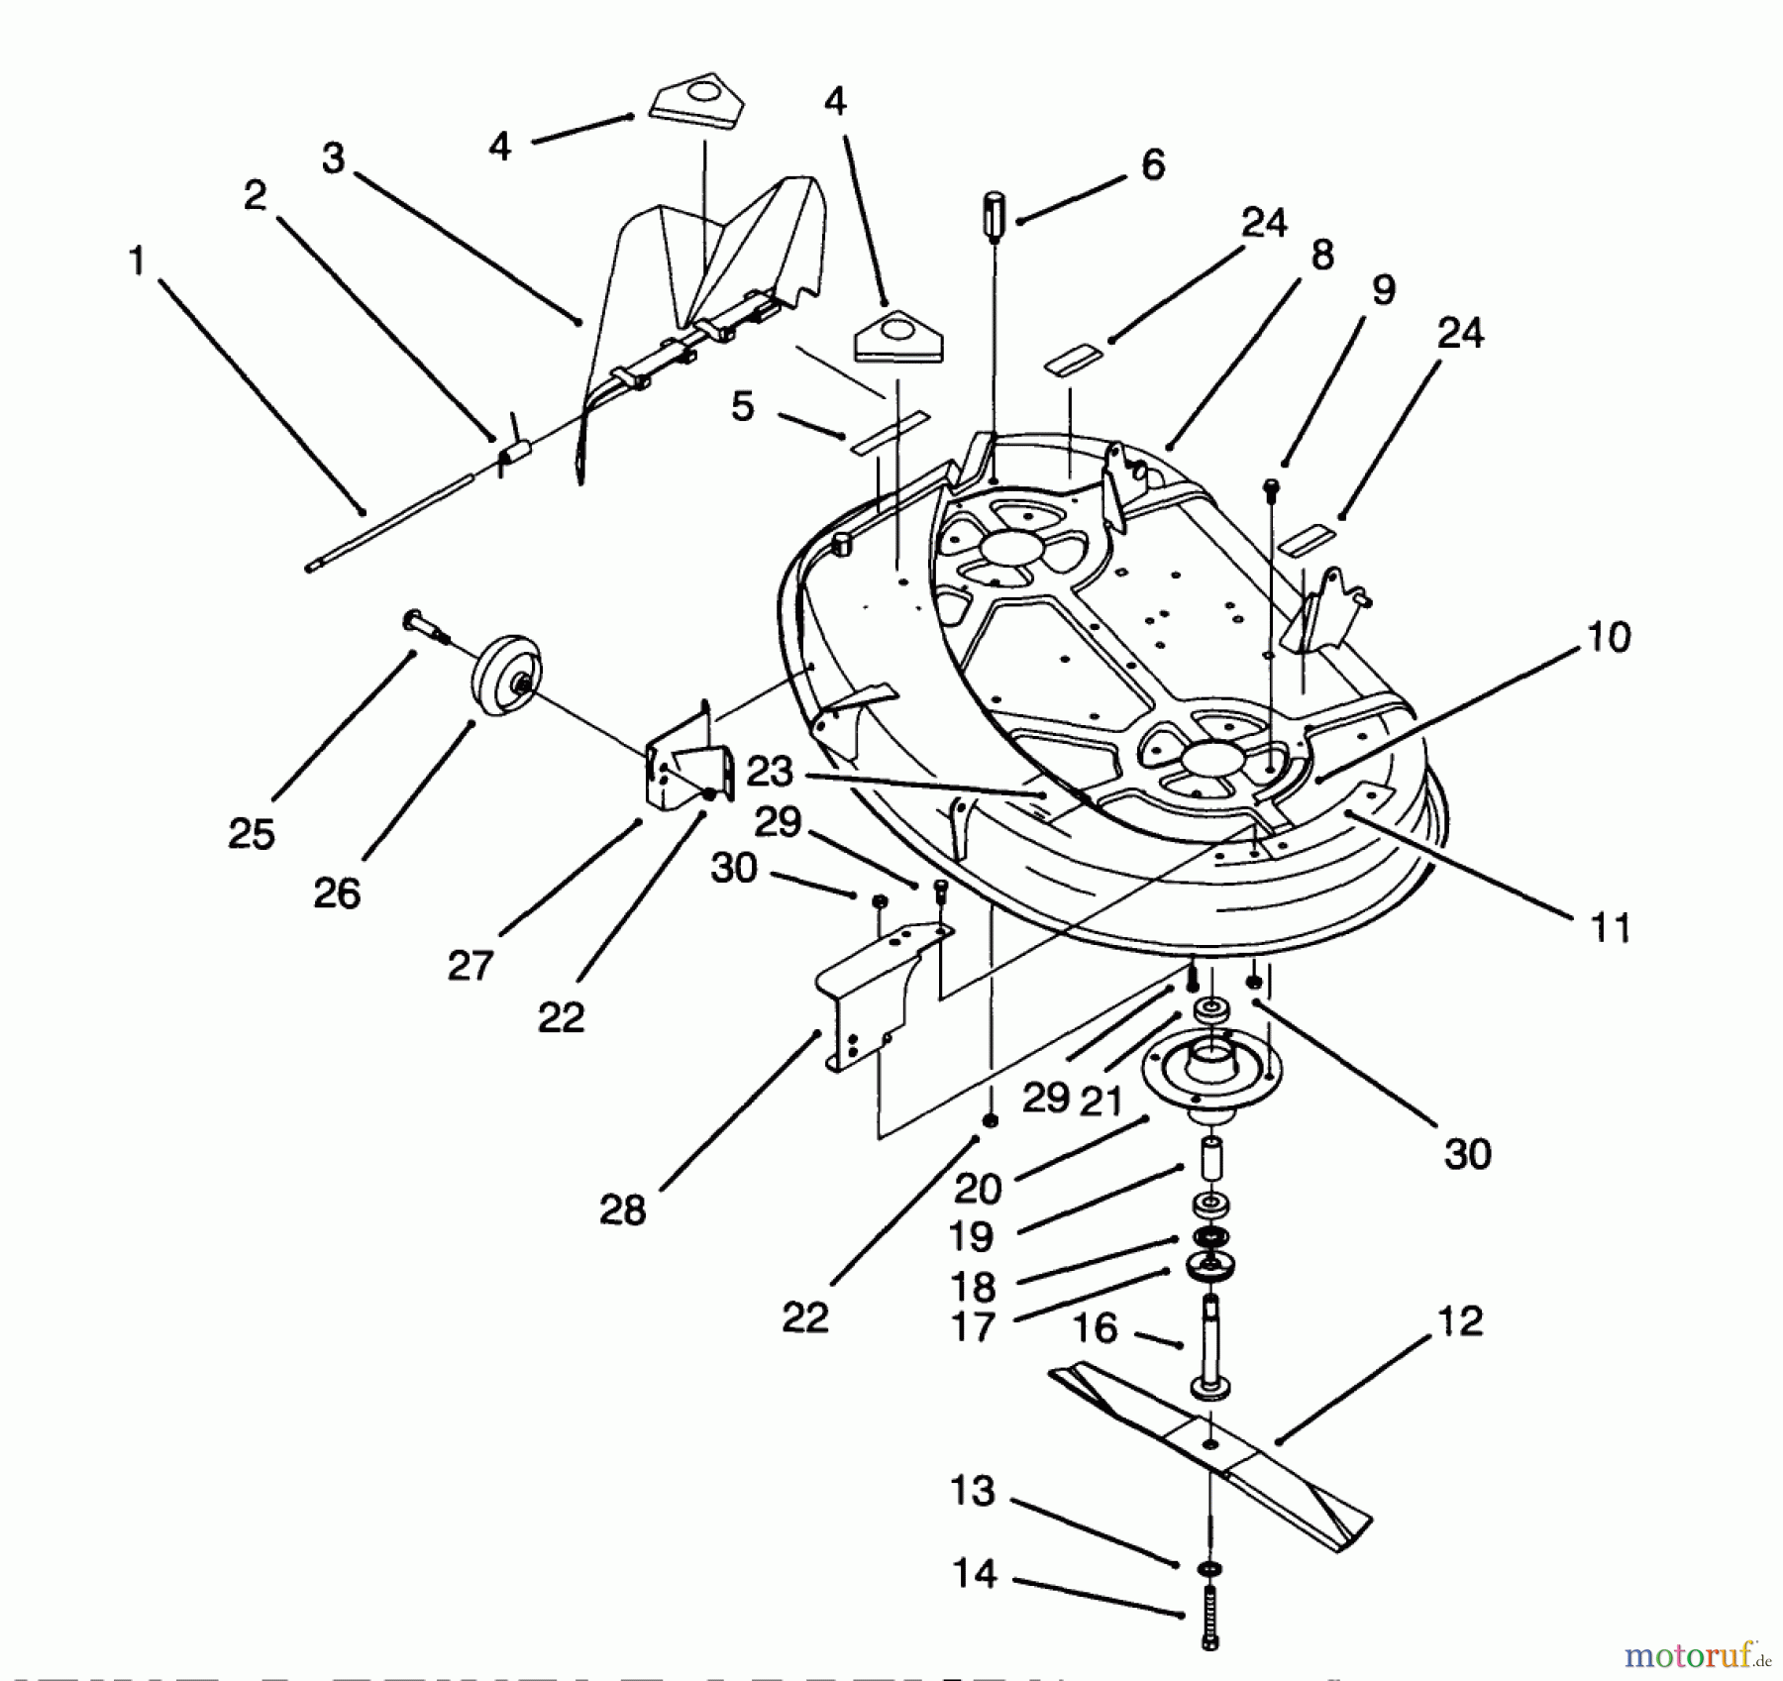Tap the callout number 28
click(x=622, y=1210)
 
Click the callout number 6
click(x=1153, y=164)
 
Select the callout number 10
click(x=1609, y=638)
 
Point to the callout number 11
click(x=1609, y=928)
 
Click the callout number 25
click(x=251, y=834)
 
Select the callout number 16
click(x=1095, y=1327)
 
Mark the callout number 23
click(x=770, y=771)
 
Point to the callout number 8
click(x=1321, y=256)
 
